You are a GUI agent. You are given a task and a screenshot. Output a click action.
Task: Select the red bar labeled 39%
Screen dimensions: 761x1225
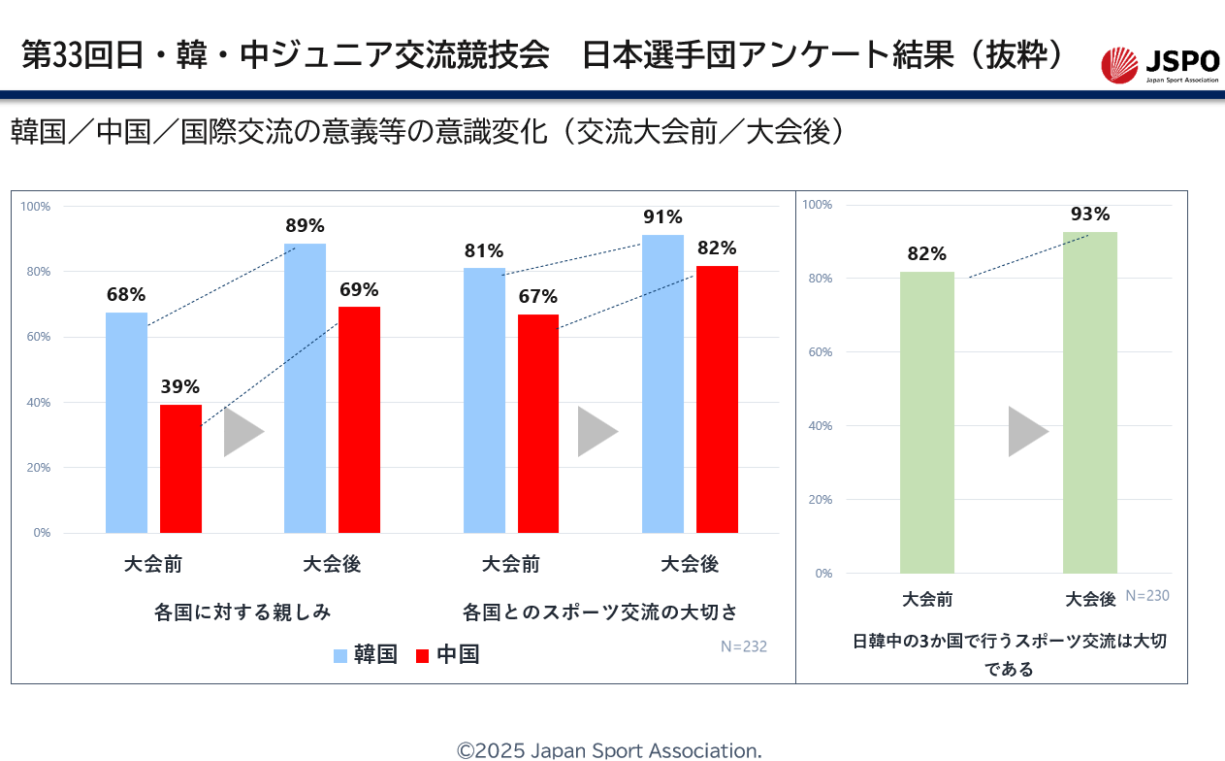tap(180, 469)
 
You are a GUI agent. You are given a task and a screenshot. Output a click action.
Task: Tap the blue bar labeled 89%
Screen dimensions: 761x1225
tap(305, 388)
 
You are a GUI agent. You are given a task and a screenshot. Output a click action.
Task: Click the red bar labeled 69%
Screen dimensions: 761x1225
tap(359, 419)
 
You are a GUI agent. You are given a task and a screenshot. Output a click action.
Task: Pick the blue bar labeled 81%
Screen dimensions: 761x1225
tap(484, 400)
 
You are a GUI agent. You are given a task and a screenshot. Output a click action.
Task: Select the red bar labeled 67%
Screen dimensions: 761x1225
tap(538, 423)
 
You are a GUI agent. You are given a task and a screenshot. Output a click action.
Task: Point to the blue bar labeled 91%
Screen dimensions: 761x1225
tap(662, 383)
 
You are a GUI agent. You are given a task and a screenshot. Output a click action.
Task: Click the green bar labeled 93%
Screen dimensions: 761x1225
tap(1089, 402)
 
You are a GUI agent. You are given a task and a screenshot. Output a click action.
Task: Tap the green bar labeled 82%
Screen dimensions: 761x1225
tap(926, 422)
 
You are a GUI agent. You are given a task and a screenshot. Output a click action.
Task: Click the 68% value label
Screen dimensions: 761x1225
tap(126, 293)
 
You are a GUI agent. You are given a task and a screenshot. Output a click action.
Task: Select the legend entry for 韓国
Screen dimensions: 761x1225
tap(365, 655)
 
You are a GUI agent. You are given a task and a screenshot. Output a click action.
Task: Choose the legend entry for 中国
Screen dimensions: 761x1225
tap(447, 655)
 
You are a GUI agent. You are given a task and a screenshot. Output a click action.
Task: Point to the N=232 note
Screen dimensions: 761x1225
tap(743, 646)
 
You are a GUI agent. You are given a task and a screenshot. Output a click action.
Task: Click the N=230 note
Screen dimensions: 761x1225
tap(1147, 596)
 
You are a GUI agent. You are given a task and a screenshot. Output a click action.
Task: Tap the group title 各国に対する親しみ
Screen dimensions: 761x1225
tap(242, 612)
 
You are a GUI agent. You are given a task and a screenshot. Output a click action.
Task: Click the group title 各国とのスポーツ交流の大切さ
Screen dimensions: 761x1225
tap(600, 612)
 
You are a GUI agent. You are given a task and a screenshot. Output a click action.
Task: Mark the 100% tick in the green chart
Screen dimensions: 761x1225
tap(818, 205)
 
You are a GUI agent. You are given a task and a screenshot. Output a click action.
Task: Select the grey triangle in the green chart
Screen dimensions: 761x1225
tap(1026, 432)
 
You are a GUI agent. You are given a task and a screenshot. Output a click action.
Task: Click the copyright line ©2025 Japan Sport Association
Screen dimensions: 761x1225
tap(609, 750)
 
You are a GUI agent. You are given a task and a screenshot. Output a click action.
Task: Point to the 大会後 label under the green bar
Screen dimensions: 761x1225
tap(1090, 599)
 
